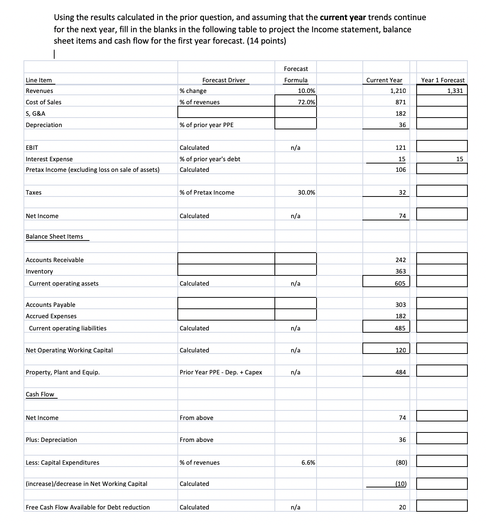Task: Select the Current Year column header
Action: point(384,80)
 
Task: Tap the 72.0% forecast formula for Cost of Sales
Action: point(306,102)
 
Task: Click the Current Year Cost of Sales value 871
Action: point(400,102)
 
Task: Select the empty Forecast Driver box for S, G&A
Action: point(226,112)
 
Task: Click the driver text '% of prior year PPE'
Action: point(206,125)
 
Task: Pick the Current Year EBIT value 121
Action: point(400,148)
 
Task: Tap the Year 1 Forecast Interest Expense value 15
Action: point(459,159)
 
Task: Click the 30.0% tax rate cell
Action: point(306,192)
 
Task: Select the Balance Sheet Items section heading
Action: point(54,236)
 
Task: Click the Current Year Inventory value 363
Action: point(400,271)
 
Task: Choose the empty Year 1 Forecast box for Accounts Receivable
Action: point(442,259)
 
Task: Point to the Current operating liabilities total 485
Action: point(400,328)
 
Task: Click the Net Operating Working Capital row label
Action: point(69,350)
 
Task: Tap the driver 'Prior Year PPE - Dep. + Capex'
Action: point(221,372)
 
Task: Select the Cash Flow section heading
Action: point(40,394)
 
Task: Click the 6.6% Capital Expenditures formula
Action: point(308,462)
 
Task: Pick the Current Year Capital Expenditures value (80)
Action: point(401,462)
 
